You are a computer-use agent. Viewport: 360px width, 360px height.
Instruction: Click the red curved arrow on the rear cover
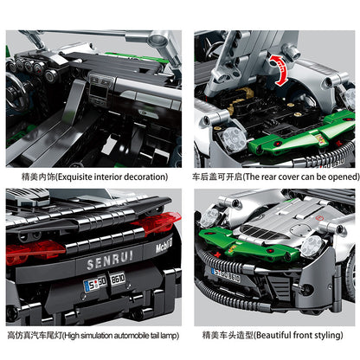279,69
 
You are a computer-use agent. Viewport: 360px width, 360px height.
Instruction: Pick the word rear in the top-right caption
264,175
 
